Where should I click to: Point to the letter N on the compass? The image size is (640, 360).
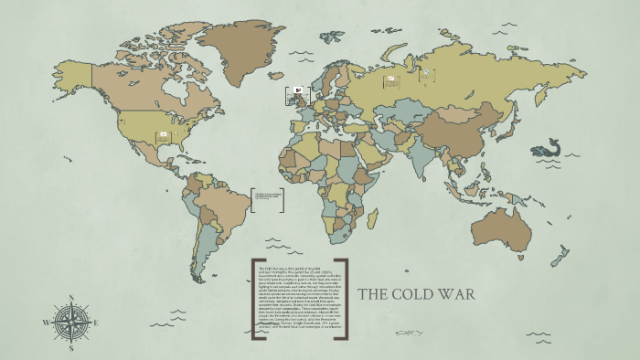69,298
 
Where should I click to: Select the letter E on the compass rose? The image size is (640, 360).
97,323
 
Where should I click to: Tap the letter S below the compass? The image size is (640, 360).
70,348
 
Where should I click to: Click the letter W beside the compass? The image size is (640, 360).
45,323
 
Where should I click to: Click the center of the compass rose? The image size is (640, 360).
70,323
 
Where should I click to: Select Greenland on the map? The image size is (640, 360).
240,46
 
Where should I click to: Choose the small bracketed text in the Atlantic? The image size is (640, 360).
267,198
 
